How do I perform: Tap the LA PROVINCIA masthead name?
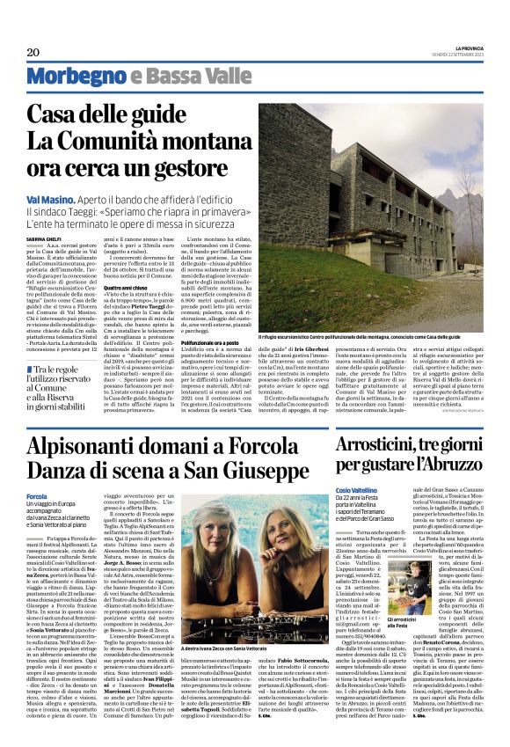(469, 48)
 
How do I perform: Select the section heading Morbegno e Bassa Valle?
(130, 77)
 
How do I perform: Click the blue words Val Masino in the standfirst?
(47, 200)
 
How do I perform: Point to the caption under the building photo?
(382, 337)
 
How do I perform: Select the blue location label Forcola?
(37, 497)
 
